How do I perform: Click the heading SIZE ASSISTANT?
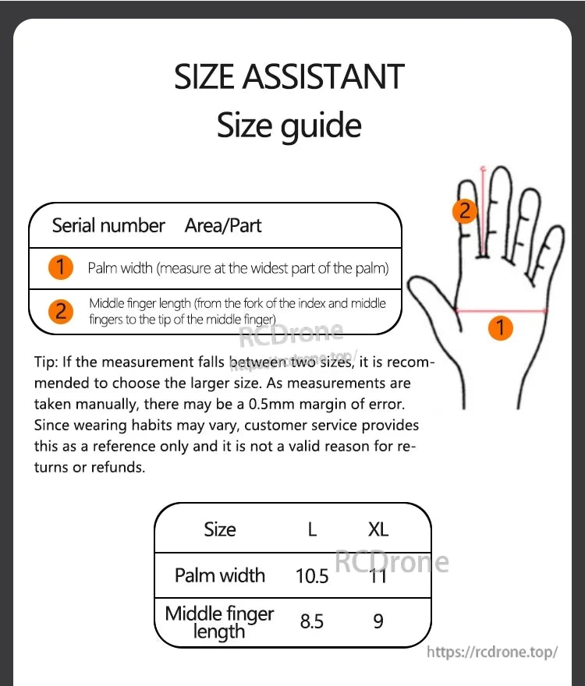point(289,77)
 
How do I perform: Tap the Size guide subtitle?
point(289,126)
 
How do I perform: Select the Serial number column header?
point(108,226)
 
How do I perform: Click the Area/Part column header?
point(223,226)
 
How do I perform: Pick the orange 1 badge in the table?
point(61,268)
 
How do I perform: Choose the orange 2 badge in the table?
point(61,312)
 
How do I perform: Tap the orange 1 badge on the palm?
point(501,327)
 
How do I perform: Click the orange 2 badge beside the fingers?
point(465,210)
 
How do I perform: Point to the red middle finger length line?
point(484,210)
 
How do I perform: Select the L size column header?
point(312,530)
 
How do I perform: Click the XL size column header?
point(378,530)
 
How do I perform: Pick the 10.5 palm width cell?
point(312,576)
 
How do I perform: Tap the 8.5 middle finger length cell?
point(312,622)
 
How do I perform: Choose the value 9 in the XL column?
point(378,622)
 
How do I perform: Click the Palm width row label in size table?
point(220,576)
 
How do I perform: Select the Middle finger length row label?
point(220,622)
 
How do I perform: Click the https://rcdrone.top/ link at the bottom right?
point(492,652)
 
